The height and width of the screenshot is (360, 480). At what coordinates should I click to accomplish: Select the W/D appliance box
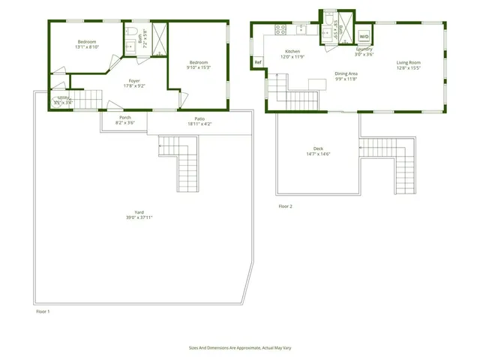tap(364, 36)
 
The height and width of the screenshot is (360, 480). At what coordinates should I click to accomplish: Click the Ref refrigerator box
tap(258, 62)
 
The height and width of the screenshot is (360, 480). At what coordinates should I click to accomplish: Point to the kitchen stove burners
tap(280, 30)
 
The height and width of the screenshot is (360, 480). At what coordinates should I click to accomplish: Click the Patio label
tap(199, 118)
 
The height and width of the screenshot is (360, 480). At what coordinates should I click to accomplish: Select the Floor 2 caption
tap(285, 206)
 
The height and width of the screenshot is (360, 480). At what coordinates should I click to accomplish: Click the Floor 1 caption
tap(43, 310)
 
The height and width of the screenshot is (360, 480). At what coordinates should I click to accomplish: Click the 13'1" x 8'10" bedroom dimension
tap(88, 47)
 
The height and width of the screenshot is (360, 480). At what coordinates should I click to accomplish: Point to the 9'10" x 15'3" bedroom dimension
tap(199, 67)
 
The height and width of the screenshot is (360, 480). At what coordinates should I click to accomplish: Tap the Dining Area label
tap(346, 73)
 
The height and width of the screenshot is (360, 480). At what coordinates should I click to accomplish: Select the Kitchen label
tap(292, 52)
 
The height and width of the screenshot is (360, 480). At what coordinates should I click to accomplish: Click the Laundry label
tap(364, 50)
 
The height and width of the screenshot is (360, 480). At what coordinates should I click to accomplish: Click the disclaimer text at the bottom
tap(239, 349)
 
